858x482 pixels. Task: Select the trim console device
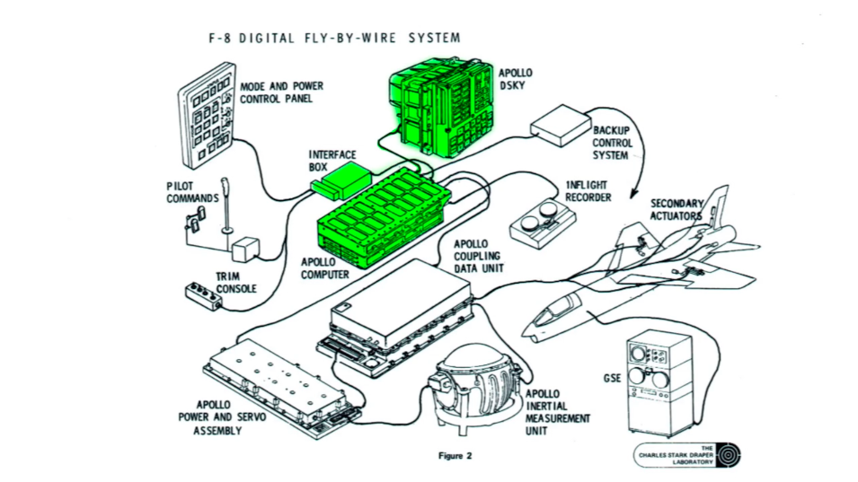[x=201, y=293]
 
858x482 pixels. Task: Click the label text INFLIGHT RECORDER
[x=589, y=191]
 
